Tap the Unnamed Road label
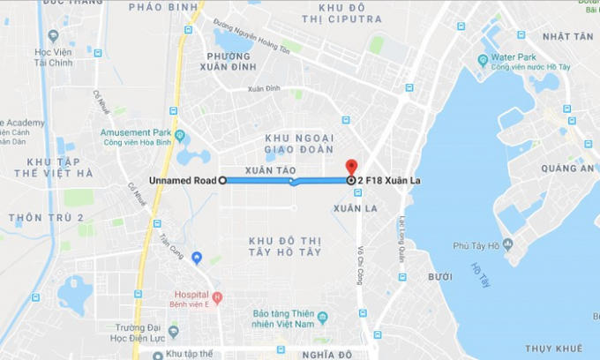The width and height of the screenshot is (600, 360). click(184, 180)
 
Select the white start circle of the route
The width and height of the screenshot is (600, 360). click(222, 180)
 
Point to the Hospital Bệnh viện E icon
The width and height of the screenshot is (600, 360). click(217, 296)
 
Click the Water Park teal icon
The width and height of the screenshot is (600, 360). click(483, 60)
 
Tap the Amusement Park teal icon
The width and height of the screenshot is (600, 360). click(180, 136)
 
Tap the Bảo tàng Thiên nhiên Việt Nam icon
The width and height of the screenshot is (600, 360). click(322, 317)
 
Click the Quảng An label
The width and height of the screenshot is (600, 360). click(566, 168)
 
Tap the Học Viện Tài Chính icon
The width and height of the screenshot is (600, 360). click(53, 36)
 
